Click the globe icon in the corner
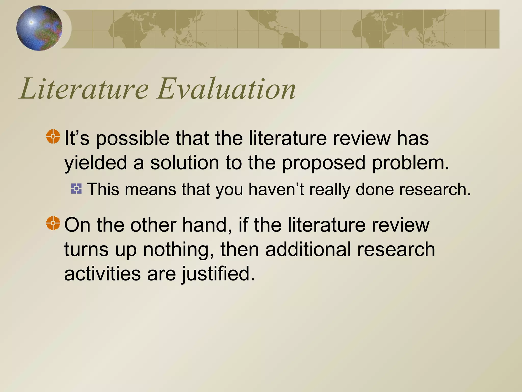(39, 28)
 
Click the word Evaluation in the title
(226, 89)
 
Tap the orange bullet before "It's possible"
(53, 137)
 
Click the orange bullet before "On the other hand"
(53, 223)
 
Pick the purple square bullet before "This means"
(76, 189)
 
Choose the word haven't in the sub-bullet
(276, 190)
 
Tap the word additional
(308, 250)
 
